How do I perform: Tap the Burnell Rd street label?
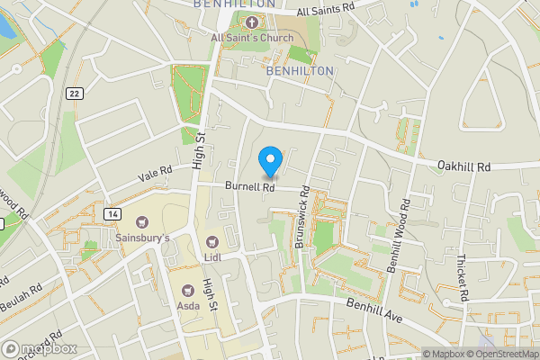249,187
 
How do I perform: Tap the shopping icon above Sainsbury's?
141,221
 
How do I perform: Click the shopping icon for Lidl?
212,241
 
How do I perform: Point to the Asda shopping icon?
188,291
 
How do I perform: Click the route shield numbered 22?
74,94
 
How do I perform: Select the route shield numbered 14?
112,213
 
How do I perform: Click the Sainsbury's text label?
142,238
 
